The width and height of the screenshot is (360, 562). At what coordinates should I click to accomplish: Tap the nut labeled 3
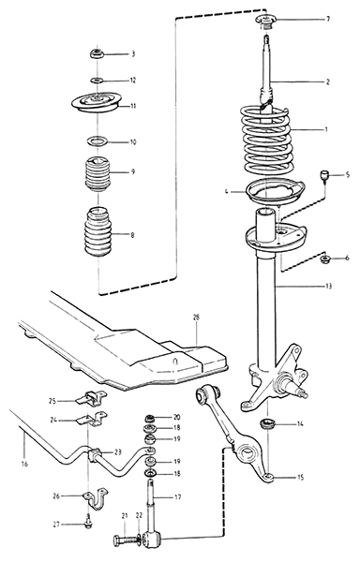tap(97, 54)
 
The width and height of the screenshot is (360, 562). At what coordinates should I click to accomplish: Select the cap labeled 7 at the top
tap(265, 21)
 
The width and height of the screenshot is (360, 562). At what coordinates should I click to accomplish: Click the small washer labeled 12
tap(97, 80)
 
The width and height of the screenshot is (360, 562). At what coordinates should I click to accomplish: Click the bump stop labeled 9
tap(97, 173)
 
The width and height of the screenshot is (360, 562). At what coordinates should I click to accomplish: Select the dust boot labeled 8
tap(97, 232)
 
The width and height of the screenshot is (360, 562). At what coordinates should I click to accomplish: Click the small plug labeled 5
tap(325, 176)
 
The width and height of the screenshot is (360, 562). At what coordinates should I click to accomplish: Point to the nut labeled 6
tap(325, 259)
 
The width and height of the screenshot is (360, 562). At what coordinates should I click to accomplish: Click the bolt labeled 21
tap(122, 540)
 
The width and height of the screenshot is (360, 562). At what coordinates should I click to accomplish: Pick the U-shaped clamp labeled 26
tap(94, 499)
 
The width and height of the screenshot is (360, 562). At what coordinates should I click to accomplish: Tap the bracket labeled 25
tap(92, 398)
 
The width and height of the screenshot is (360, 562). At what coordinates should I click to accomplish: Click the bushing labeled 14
tap(267, 424)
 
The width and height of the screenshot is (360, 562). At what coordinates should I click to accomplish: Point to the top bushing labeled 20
tap(149, 418)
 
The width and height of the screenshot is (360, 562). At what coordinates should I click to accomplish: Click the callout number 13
tap(328, 286)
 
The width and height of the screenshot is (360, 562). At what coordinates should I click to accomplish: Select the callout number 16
tap(24, 465)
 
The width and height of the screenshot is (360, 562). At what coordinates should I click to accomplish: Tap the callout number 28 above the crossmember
tap(196, 317)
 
